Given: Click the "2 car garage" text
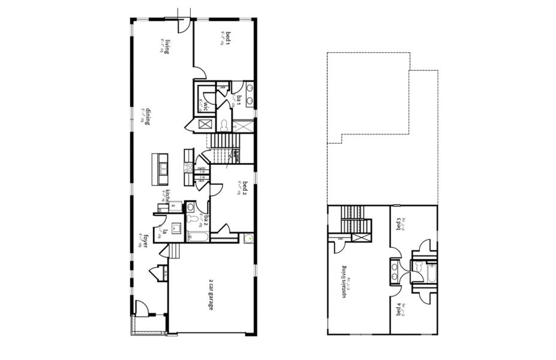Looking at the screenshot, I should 211,295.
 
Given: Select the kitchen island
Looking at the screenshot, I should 160,169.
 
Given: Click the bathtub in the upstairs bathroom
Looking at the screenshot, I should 430,273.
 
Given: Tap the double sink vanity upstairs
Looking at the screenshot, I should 395,271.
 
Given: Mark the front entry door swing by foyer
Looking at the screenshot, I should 141,308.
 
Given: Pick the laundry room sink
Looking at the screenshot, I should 176,228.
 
